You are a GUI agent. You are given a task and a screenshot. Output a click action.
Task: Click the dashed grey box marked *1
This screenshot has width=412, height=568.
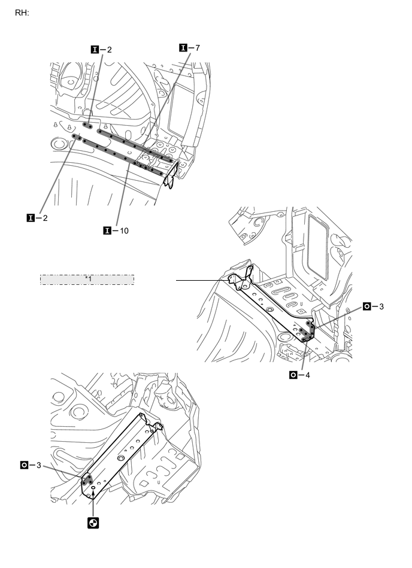[x=87, y=280]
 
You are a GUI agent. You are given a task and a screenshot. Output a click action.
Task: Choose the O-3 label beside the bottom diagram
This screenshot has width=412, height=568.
[x=32, y=464]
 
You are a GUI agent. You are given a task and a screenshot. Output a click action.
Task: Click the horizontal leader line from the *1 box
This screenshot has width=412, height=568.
[x=201, y=280]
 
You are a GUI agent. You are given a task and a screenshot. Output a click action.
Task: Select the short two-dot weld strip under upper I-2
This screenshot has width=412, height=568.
[x=87, y=126]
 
